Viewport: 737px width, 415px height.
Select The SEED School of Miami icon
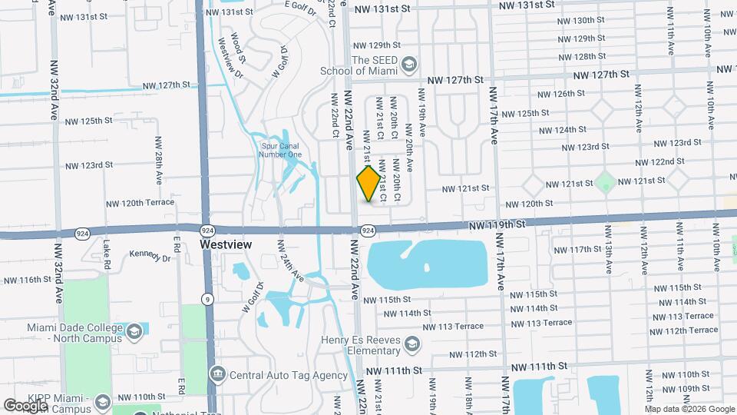pos(408,63)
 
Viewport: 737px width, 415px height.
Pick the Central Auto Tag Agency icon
pos(218,375)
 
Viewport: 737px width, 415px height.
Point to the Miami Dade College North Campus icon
pos(134,331)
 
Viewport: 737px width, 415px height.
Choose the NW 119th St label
pos(497,224)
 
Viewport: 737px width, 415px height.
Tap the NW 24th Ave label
pos(289,261)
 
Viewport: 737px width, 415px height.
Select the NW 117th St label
pos(577,250)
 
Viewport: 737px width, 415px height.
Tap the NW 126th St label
pos(562,94)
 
